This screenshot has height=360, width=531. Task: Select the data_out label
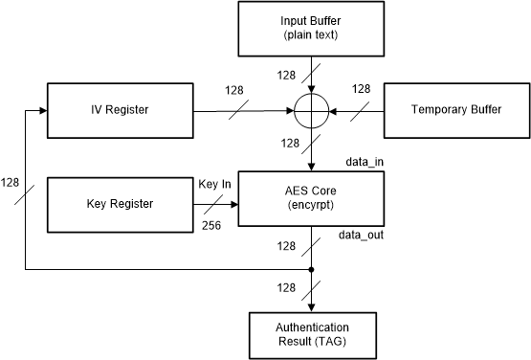tap(358, 235)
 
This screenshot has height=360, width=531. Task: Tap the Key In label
tap(214, 184)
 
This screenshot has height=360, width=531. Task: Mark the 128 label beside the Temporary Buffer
tap(360, 89)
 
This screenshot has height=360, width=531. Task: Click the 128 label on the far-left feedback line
tap(11, 181)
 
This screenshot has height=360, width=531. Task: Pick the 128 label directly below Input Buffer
tap(286, 73)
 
